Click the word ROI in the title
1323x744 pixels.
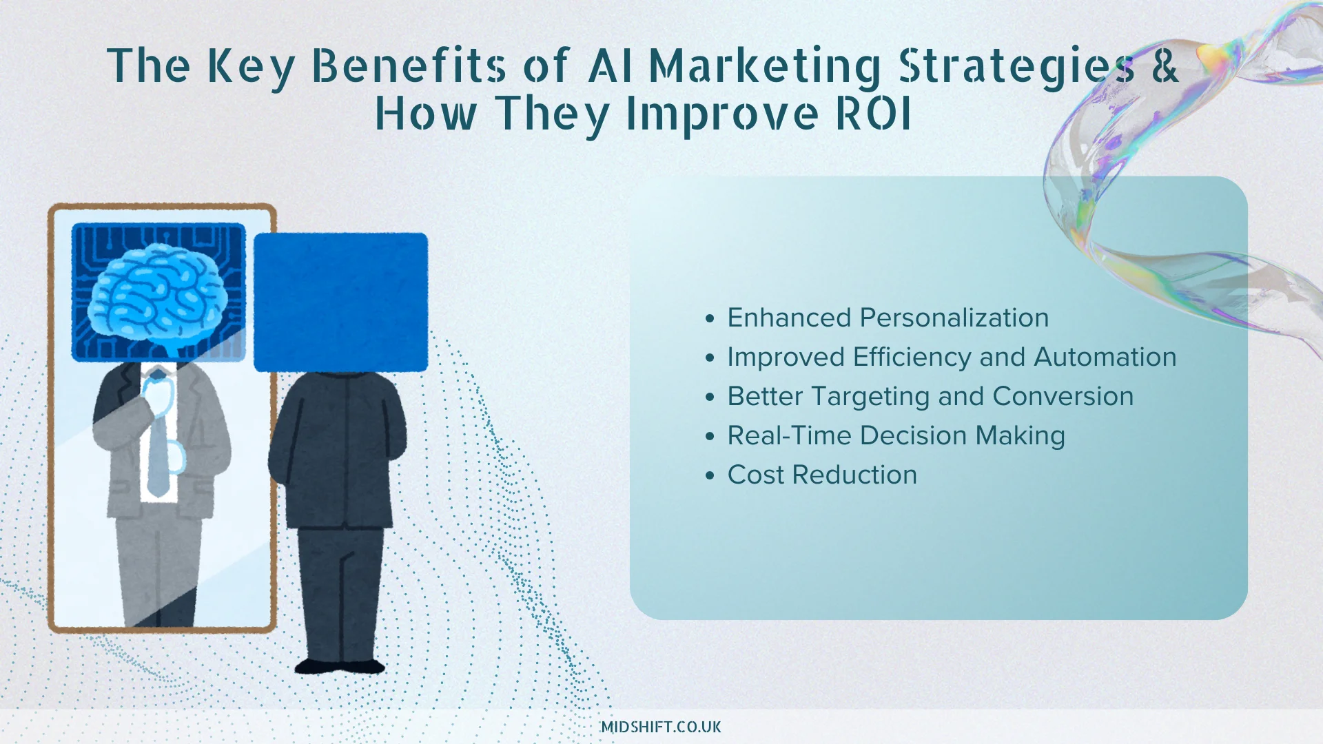[873, 113]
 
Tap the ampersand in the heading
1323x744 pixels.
[1165, 65]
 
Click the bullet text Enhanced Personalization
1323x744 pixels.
[888, 318]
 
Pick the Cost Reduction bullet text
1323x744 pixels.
[822, 475]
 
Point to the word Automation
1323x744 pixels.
[1105, 357]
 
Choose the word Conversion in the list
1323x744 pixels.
[1063, 396]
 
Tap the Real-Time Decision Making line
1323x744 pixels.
[896, 436]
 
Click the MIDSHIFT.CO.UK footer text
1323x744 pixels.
[661, 727]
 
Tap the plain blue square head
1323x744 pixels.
[341, 302]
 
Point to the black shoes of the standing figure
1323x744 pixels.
[340, 666]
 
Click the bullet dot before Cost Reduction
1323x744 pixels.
[710, 475]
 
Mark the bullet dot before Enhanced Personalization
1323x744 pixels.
[710, 318]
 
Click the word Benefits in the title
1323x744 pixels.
[409, 65]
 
